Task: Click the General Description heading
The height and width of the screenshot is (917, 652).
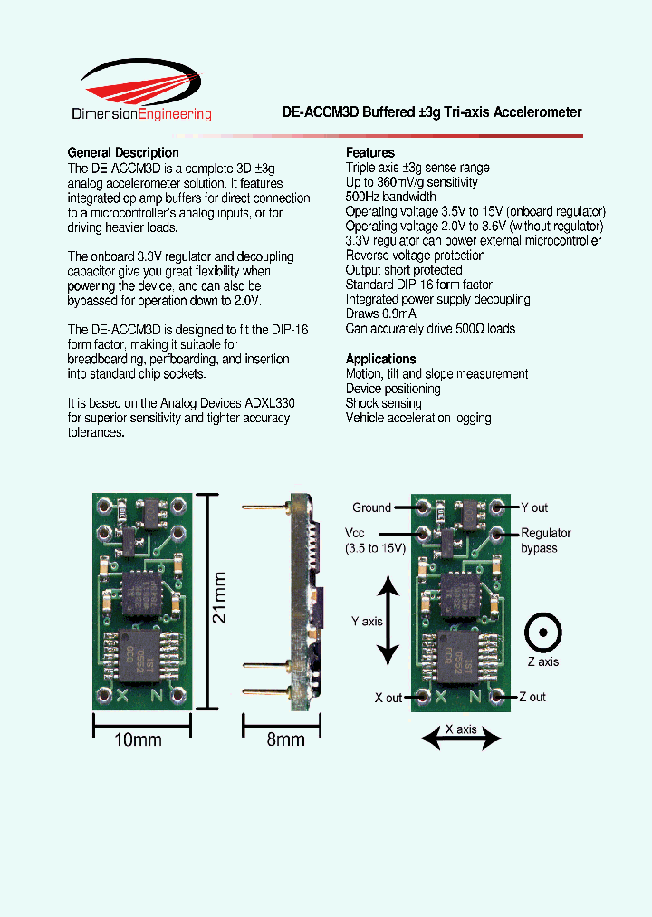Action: (123, 152)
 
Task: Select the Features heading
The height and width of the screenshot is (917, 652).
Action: (370, 152)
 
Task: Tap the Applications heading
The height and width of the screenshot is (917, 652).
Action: (381, 359)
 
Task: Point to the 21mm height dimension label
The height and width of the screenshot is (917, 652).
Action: (220, 602)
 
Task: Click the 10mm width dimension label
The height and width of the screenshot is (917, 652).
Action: (138, 739)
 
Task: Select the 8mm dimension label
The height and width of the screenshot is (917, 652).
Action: (285, 739)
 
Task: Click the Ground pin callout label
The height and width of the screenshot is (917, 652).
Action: (371, 507)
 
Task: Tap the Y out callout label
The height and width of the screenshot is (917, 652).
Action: (534, 507)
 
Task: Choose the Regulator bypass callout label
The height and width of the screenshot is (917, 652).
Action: (545, 540)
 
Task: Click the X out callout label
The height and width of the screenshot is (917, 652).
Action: (388, 698)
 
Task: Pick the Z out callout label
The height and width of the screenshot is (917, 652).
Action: (532, 697)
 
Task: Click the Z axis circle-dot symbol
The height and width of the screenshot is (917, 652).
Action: (543, 632)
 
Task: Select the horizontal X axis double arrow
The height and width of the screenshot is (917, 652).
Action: (461, 740)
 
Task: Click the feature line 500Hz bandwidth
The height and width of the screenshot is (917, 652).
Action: (390, 197)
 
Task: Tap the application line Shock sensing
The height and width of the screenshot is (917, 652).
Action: (383, 403)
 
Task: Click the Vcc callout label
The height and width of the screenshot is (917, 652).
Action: (355, 534)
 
